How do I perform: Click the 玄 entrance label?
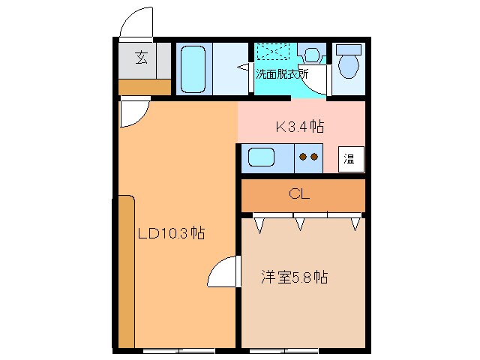pos(140,57)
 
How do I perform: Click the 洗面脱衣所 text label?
pos(282,73)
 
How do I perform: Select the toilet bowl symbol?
pos(348,64)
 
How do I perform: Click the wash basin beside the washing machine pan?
pos(310,54)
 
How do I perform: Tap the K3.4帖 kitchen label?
pos(300,127)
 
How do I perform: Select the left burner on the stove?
pos(303,157)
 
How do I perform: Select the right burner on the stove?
pos(315,157)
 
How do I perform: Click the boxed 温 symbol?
pos(349,158)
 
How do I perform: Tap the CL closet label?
pos(299,194)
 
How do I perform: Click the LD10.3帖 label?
pos(171,233)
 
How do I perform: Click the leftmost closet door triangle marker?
pos(259,223)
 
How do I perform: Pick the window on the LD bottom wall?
pos(178,350)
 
